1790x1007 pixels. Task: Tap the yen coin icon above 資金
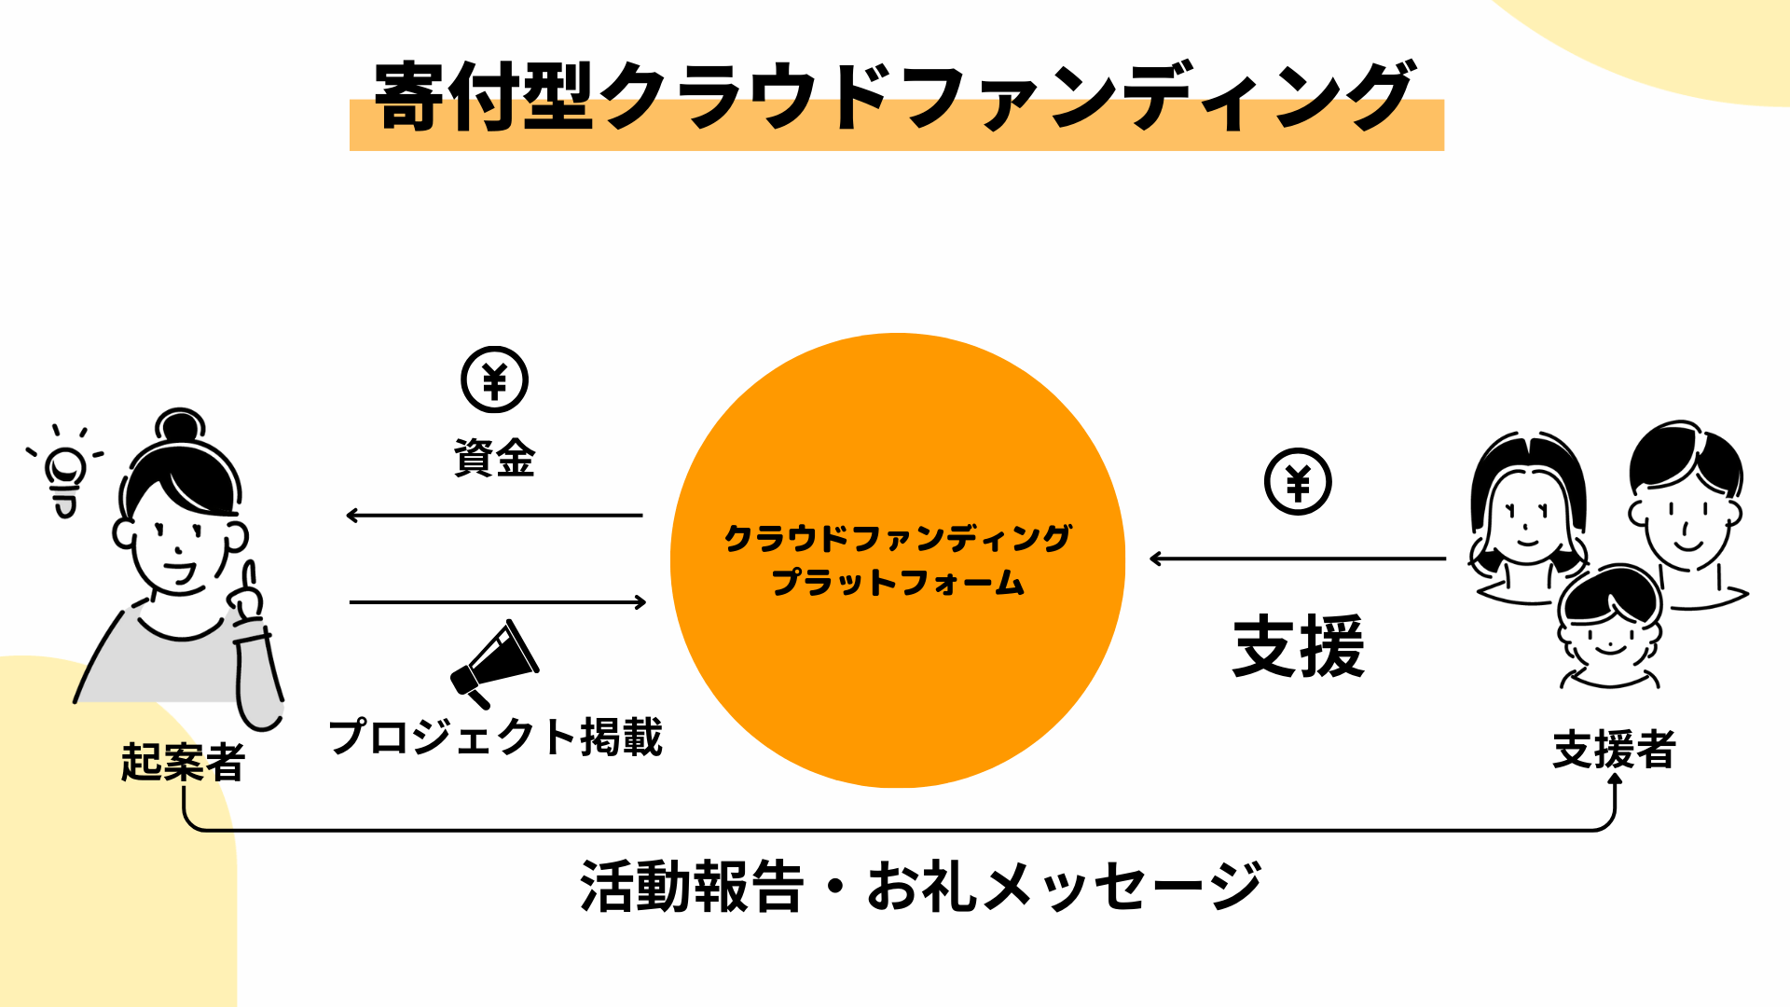pos(494,380)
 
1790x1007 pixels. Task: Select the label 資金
pos(494,459)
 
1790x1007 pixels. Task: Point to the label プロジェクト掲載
pos(495,737)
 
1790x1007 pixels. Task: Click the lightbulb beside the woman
pos(65,476)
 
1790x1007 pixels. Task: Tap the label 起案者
pos(183,762)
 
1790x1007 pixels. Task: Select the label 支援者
pos(1614,750)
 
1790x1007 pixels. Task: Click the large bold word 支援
pos(1298,646)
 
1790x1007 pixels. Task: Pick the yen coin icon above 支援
pos(1298,482)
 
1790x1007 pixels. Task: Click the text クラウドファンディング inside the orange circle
pos(898,538)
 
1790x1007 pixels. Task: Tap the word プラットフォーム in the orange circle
pos(898,583)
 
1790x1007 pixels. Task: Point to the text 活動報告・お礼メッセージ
pos(920,886)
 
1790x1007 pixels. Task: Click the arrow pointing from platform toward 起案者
pos(494,515)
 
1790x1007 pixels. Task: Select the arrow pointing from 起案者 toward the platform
pos(498,602)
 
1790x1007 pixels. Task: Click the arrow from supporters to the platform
pos(1298,559)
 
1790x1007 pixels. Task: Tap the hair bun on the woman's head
pos(180,426)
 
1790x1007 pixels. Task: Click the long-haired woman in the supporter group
pos(1527,517)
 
